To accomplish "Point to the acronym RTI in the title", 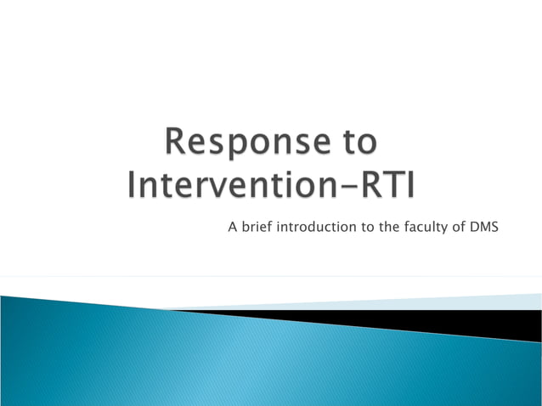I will click(x=384, y=185).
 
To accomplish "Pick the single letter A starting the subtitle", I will click(x=231, y=227).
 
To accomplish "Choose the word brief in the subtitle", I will click(x=255, y=227).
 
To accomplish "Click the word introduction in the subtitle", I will click(x=313, y=227).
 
